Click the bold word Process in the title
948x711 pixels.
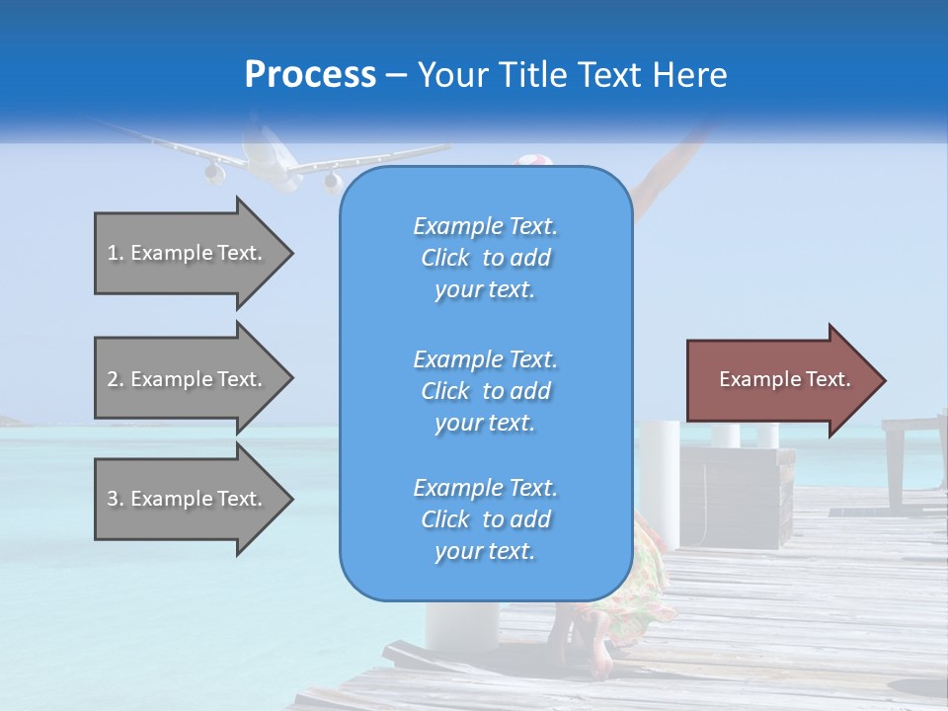pos(310,75)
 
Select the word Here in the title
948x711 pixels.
pos(689,74)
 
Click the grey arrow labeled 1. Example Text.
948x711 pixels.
pos(194,253)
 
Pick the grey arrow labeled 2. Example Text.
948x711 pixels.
pos(194,378)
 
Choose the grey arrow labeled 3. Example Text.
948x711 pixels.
pos(194,499)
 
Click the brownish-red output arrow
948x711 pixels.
pos(786,380)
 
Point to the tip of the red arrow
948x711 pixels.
pos(887,380)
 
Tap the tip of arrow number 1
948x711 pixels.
pos(294,254)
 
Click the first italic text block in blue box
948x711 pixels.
pos(486,258)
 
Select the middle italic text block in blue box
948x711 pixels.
pos(486,391)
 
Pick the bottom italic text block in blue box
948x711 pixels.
pos(486,519)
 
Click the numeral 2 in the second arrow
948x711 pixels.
pos(113,379)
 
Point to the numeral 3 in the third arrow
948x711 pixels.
pos(113,499)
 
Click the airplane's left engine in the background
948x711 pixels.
pos(214,174)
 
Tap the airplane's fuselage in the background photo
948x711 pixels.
pos(266,154)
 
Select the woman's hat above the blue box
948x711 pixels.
pos(533,160)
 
